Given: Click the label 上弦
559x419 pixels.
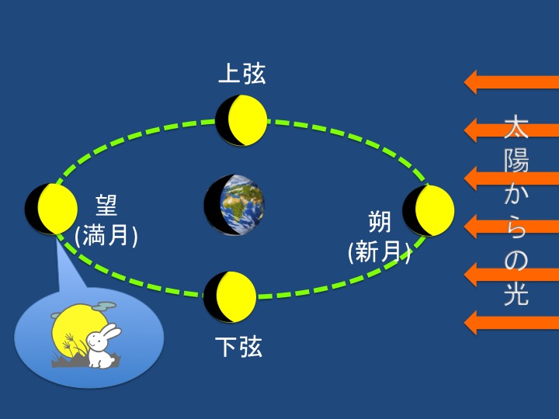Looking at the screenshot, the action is (242, 74).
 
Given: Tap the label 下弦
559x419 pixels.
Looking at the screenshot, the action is (239, 346).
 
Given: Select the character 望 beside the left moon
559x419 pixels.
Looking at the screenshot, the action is (106, 206).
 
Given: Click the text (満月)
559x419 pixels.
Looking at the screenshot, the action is (106, 236).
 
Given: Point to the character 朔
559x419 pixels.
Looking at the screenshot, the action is (380, 222).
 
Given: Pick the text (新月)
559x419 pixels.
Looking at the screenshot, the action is (380, 252).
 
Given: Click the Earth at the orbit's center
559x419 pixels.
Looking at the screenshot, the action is (234, 205).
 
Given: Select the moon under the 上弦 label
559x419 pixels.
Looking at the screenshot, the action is (241, 121).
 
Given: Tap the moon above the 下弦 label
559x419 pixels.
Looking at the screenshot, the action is (230, 296).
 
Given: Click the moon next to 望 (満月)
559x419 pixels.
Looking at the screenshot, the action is (51, 209).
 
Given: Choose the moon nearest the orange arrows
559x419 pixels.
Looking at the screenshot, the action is (428, 210).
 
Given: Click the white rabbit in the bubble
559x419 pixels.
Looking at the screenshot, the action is (102, 346).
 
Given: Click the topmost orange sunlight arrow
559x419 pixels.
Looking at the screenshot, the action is (511, 82).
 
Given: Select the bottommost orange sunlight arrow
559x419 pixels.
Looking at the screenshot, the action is (511, 323).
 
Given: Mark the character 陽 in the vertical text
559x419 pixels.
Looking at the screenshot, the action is (516, 160).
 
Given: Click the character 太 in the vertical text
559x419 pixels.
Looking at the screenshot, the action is (516, 126).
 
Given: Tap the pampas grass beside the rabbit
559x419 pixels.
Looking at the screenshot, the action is (73, 345).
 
